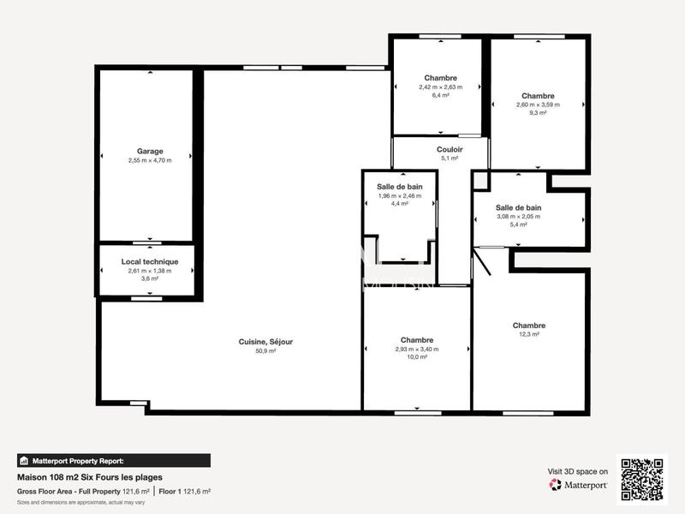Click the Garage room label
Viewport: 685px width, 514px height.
tap(150, 152)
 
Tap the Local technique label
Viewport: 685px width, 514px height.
tap(150, 261)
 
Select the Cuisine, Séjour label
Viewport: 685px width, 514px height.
tap(265, 342)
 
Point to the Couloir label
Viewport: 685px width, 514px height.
tap(450, 150)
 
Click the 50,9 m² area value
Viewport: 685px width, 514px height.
tap(265, 351)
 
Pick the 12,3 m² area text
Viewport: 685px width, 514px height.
tap(529, 334)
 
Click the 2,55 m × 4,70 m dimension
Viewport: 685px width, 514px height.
tap(150, 160)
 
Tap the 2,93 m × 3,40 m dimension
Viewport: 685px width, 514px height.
tap(417, 349)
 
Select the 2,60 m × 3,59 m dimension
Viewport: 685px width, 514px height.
tap(538, 105)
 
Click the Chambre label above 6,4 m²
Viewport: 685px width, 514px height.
tap(440, 78)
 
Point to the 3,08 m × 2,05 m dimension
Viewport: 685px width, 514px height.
tap(518, 216)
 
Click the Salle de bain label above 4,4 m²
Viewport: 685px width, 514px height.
tap(400, 187)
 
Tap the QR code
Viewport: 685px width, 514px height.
tap(642, 479)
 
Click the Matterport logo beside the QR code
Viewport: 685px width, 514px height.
tap(579, 485)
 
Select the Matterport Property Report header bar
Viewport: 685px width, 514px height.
tap(113, 460)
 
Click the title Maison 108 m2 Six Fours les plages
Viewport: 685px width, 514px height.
tap(90, 477)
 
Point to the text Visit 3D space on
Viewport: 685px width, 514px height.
tap(578, 471)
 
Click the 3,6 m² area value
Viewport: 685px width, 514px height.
tap(150, 278)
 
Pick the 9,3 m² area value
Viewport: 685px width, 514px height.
tap(538, 113)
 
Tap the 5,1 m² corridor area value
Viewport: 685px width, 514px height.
tap(450, 158)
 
